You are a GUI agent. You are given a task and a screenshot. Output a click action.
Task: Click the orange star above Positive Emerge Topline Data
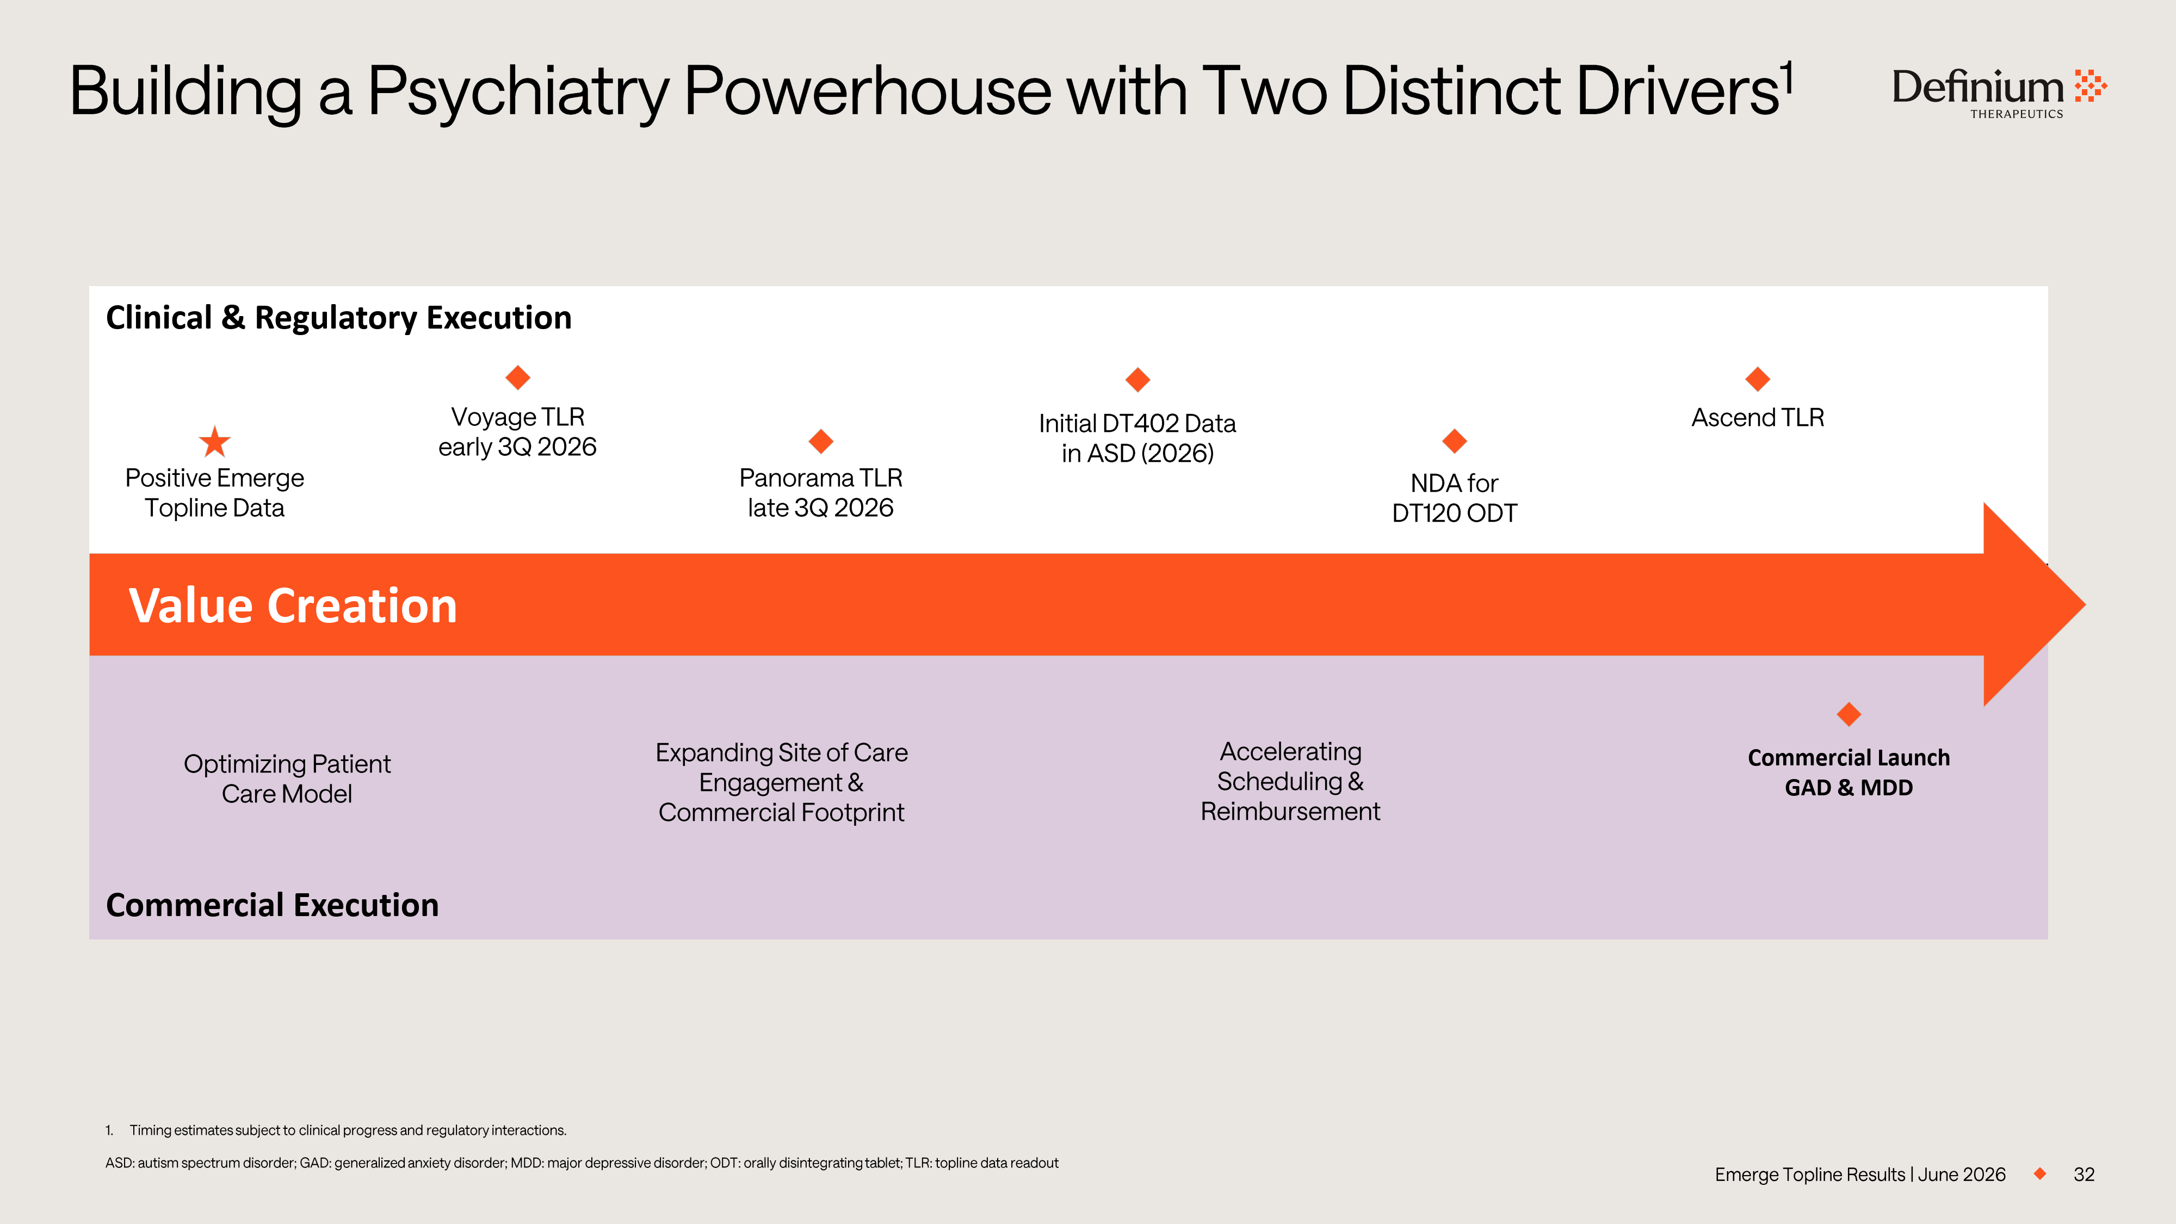click(214, 441)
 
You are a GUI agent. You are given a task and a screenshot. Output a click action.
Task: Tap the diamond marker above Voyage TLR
click(518, 378)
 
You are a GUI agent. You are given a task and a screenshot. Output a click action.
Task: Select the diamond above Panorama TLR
click(821, 441)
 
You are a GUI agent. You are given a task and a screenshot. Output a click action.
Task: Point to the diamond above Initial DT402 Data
click(1138, 379)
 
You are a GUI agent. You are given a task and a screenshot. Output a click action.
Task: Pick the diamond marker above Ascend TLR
click(1758, 379)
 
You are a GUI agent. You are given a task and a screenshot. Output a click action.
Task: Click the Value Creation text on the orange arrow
click(293, 605)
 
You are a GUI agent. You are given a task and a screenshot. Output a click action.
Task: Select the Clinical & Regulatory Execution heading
click(339, 318)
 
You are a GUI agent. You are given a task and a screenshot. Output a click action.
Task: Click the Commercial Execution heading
click(272, 905)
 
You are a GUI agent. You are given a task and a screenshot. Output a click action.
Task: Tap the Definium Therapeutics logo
click(1999, 92)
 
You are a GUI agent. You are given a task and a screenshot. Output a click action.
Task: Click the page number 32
click(2084, 1174)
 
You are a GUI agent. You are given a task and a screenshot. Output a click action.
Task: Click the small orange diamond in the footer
click(2040, 1173)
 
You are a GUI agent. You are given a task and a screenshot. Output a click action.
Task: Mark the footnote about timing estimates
click(336, 1130)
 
